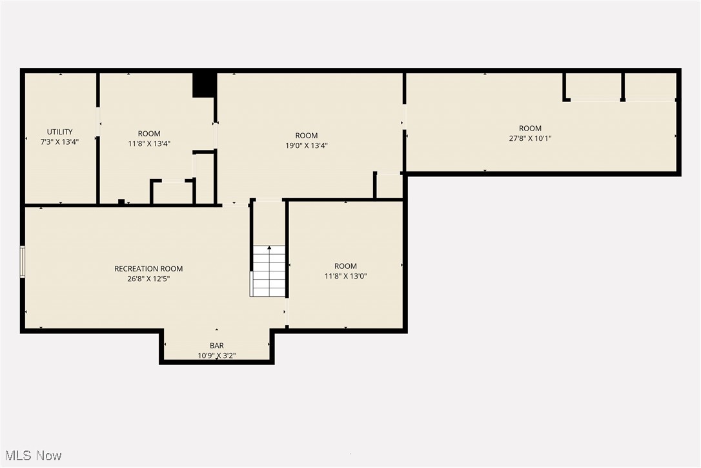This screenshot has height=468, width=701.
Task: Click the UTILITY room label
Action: [x=59, y=132]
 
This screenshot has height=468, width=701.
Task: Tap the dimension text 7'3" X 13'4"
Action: [x=59, y=142]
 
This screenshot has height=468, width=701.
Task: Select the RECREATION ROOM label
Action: [x=148, y=269]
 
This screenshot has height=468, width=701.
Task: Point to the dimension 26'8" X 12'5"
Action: [x=148, y=279]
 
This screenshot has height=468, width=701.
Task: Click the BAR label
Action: [x=217, y=346]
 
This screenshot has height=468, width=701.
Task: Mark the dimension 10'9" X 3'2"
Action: [x=217, y=356]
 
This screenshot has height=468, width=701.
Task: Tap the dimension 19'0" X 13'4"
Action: [x=307, y=145]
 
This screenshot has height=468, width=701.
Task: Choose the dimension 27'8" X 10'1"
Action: [x=530, y=138]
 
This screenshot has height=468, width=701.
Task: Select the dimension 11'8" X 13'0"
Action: [x=345, y=276]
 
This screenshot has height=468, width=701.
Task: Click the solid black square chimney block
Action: [x=205, y=85]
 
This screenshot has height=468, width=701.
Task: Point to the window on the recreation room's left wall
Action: [x=23, y=261]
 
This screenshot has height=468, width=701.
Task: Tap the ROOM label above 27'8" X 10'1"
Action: [x=530, y=128]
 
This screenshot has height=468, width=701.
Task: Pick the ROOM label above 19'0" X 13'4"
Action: [x=307, y=136]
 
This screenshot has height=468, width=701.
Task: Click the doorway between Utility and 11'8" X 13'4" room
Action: [x=98, y=122]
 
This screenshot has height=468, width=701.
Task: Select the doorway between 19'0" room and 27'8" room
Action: [x=405, y=117]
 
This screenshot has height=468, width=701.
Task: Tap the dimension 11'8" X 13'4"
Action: [x=149, y=144]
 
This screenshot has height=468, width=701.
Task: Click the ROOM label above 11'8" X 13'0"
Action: [x=345, y=266]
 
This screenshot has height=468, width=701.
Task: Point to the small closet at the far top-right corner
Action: [x=650, y=86]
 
